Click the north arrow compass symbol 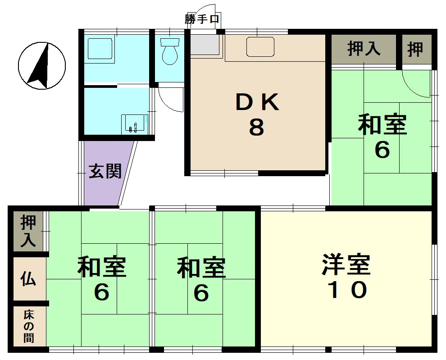pos(42,66)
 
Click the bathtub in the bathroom pos(100,48)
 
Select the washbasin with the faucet pos(135,124)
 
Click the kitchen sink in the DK pos(260,47)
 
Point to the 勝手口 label pos(202,19)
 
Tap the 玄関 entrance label pos(105,171)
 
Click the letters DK pos(257,102)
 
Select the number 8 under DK pos(257,127)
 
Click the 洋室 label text pos(346,264)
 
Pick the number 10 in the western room pos(347,290)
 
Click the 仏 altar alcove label pos(28,278)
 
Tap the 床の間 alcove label pos(29,326)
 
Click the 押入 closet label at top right pos(364,49)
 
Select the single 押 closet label pos(415,49)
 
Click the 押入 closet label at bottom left pos(28,231)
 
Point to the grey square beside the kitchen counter pos(205,45)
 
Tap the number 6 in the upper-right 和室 pos(382,150)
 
